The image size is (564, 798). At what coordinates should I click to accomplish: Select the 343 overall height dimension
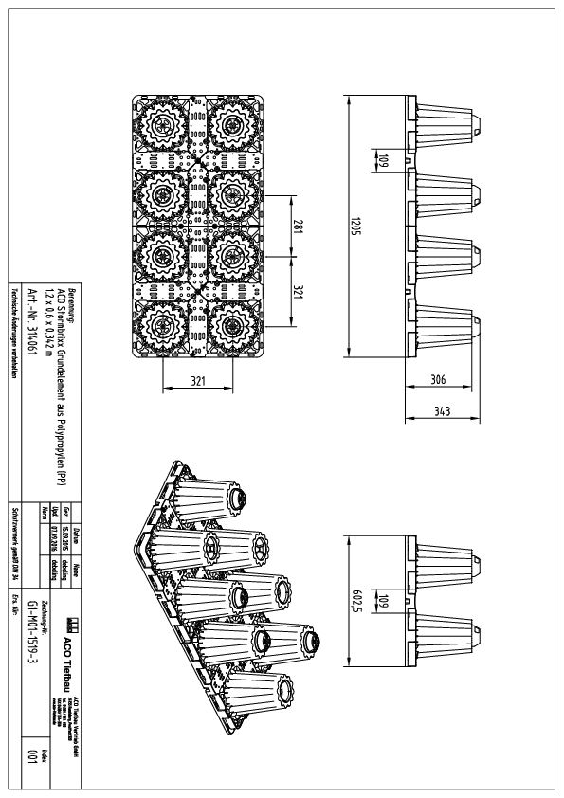(x=439, y=413)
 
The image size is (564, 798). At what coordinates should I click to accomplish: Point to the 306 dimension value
(x=439, y=378)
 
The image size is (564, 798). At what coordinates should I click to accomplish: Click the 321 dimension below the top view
(x=197, y=381)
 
